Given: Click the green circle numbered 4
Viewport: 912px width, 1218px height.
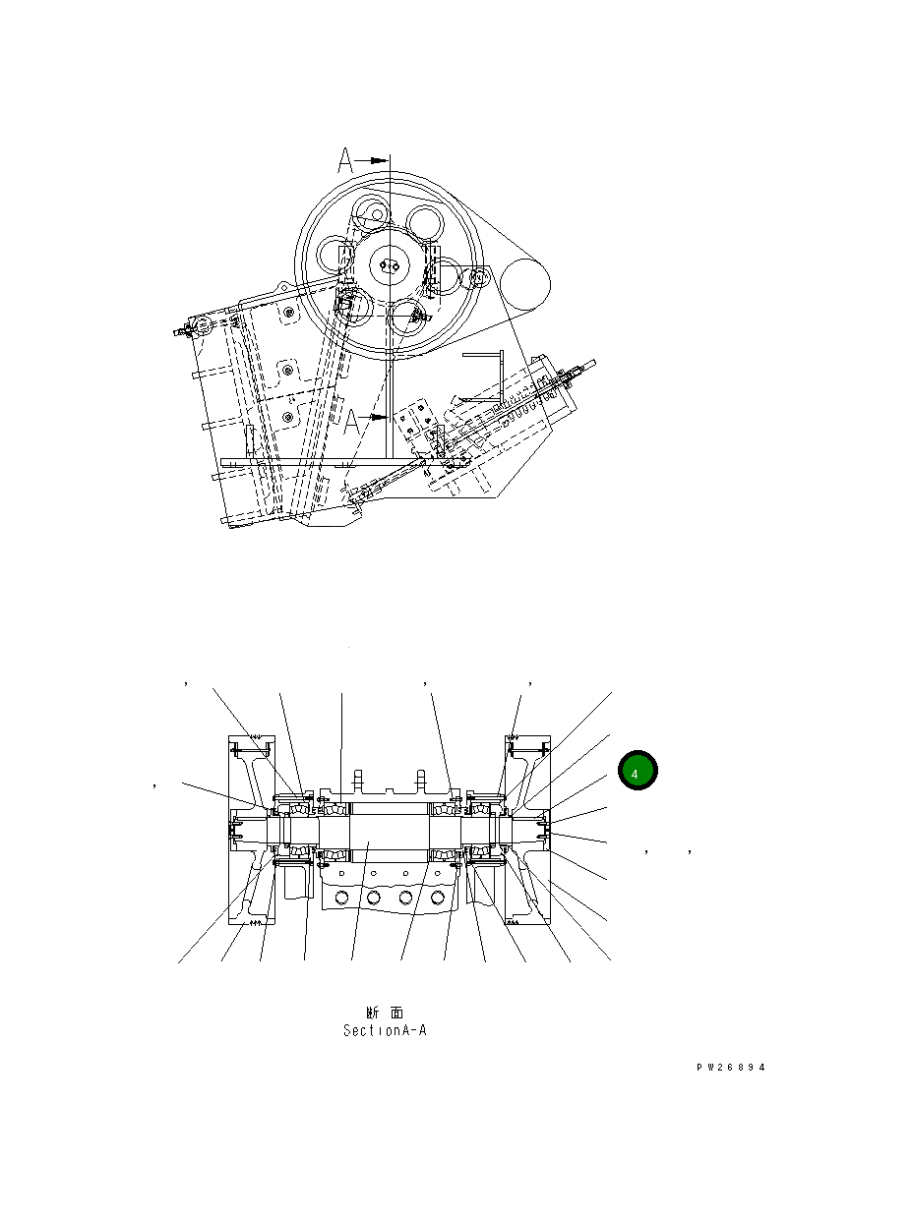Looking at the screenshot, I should (x=638, y=771).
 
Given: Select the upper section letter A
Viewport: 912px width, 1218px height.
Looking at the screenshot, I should (x=345, y=159).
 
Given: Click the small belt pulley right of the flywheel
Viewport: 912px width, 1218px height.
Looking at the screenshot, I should (x=524, y=284).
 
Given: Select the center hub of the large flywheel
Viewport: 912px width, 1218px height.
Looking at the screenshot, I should (x=391, y=265).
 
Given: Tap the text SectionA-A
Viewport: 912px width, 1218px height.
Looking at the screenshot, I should (x=385, y=1031).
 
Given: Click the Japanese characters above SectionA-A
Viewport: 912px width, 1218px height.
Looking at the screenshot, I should (x=385, y=1012).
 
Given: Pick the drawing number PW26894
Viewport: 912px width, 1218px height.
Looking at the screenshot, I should (x=729, y=1068).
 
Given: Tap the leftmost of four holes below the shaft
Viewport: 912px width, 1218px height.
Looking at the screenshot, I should (x=339, y=898).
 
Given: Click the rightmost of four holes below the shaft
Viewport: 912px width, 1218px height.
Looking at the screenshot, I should (x=438, y=898).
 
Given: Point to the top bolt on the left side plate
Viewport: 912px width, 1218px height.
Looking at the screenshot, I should (x=288, y=314).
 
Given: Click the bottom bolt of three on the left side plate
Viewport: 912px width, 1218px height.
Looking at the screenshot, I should (x=287, y=417).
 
